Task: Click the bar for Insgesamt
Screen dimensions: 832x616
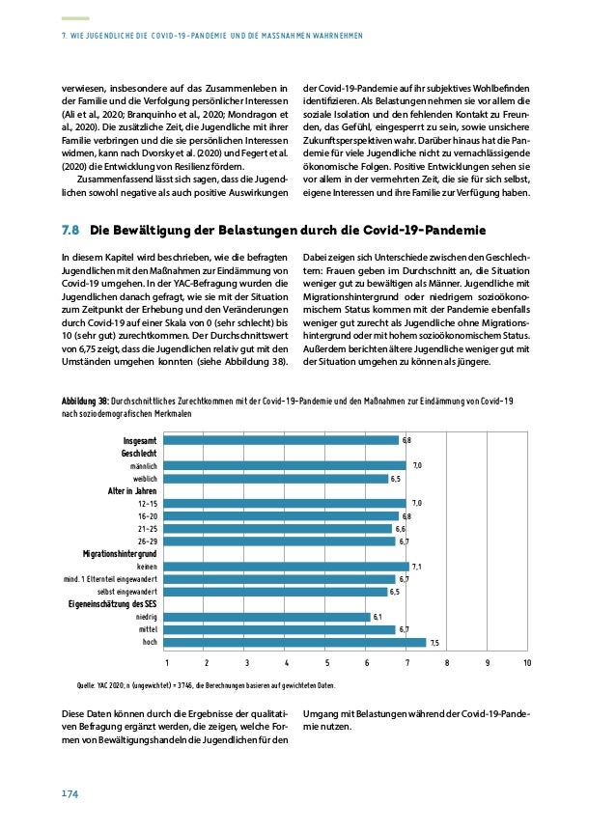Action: (x=282, y=440)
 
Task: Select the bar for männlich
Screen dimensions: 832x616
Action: (x=286, y=465)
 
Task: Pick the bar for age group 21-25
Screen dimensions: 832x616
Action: (x=278, y=529)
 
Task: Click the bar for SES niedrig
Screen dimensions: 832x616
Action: (x=267, y=617)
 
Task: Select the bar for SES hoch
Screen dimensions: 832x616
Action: (x=295, y=642)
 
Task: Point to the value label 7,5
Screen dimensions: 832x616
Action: (x=435, y=643)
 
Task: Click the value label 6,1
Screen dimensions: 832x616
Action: (x=378, y=617)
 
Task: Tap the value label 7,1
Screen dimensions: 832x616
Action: (x=417, y=567)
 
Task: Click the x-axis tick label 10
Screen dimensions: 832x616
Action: (x=527, y=664)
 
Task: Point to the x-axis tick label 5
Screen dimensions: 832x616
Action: (x=327, y=664)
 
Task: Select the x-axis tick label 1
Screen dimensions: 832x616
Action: (x=167, y=664)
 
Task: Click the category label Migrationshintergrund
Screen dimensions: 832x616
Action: (x=120, y=554)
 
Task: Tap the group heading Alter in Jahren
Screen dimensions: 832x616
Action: (x=132, y=490)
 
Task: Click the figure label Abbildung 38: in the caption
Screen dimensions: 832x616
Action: (x=84, y=401)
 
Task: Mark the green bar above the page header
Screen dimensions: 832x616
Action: (x=70, y=18)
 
